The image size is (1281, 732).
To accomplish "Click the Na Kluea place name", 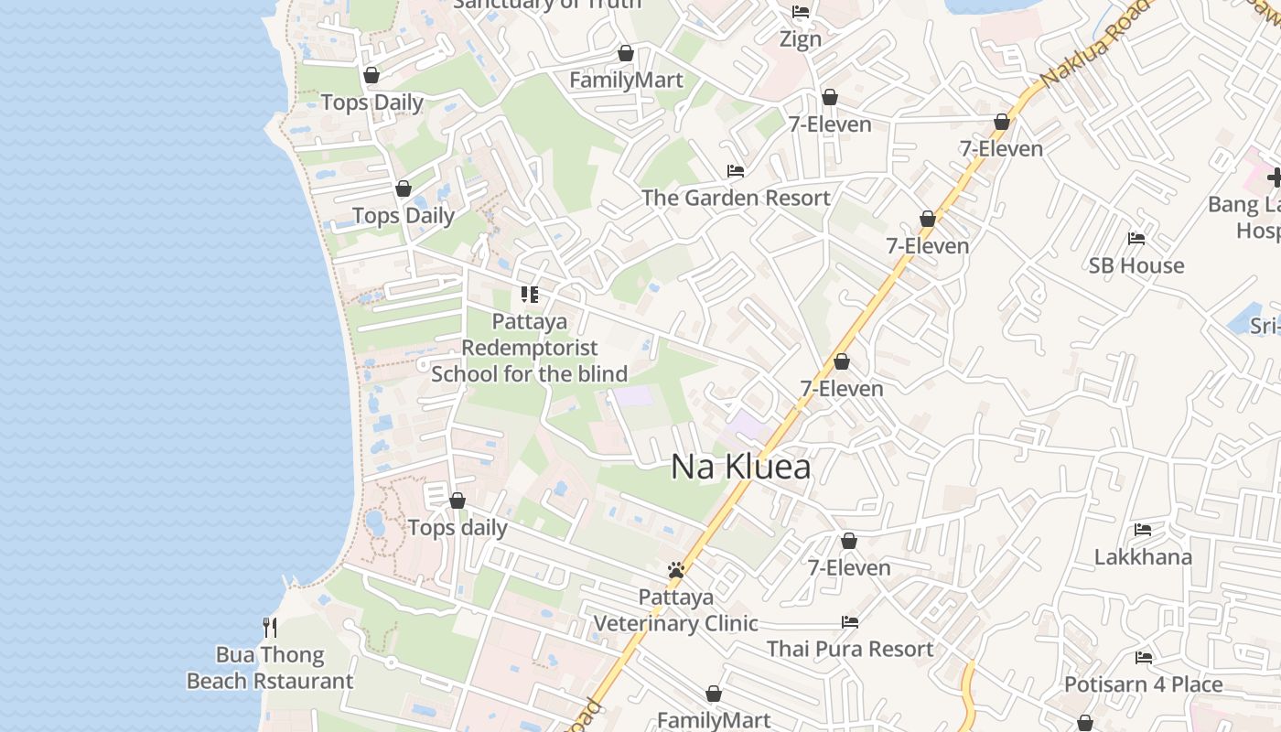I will coord(740,467).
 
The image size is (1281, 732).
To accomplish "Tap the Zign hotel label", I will coord(801,39).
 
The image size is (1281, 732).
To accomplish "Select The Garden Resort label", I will coord(736,198).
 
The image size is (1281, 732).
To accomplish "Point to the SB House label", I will coord(1136,265).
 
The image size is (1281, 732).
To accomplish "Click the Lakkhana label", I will coord(1143,556).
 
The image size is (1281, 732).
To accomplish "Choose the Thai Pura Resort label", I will coord(850,649).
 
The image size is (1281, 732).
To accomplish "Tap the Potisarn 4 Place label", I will coord(1143,684).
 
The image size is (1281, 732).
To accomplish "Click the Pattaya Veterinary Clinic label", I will coord(676,611).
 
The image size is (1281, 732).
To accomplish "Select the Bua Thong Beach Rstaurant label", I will coord(270,668).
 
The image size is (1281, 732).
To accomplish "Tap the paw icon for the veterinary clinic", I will coord(676,571).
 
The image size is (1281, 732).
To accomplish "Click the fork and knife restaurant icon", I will coord(270,628).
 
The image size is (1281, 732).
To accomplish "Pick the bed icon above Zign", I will coord(801,12).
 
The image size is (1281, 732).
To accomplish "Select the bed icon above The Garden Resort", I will coord(736,171).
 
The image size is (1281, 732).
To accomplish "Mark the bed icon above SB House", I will coord(1136,239).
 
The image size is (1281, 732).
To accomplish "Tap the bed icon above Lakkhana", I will coord(1143,530).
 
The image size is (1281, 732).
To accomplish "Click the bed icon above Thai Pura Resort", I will coord(850,622).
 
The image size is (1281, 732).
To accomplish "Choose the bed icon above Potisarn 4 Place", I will coord(1143,658).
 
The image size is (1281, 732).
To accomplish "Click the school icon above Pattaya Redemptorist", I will coord(529,295).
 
